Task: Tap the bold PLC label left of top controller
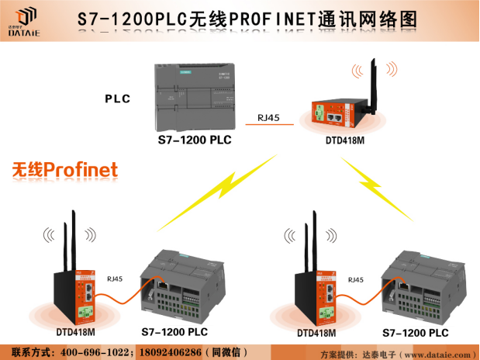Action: tap(117, 99)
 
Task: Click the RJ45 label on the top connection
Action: tap(268, 118)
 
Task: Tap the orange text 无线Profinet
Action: tap(64, 169)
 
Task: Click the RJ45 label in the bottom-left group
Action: tap(113, 279)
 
